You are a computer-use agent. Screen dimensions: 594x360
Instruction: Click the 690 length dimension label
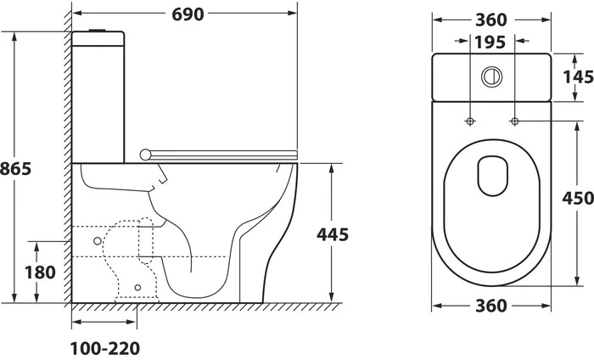tap(188, 14)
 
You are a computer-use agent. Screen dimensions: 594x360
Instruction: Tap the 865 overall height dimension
tap(15, 169)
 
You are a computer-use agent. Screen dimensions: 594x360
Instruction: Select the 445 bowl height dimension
tap(333, 234)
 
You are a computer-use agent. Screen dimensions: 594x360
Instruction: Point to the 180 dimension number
tap(40, 272)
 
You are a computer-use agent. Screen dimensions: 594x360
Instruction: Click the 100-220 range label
tap(105, 348)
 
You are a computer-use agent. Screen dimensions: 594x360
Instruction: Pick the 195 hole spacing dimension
tap(490, 42)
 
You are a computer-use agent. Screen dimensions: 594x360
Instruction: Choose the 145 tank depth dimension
tap(578, 77)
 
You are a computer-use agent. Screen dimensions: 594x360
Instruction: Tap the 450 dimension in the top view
tap(578, 198)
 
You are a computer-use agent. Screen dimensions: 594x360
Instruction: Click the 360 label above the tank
tap(491, 20)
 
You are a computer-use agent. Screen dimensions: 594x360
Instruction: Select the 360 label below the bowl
tap(491, 306)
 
